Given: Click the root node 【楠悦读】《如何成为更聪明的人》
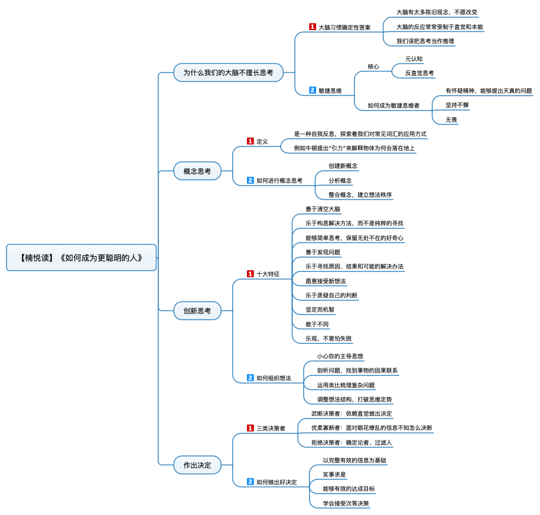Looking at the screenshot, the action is [82, 258].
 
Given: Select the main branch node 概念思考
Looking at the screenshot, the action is [197, 171].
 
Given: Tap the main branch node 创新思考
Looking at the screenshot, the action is [197, 310].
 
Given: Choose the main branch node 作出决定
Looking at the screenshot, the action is [197, 465].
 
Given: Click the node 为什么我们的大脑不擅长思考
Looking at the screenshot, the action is [228, 72].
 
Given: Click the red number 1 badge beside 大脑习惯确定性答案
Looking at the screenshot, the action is [313, 27].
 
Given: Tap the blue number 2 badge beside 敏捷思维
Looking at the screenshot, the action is [313, 90].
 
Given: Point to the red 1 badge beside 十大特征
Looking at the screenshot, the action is [251, 274].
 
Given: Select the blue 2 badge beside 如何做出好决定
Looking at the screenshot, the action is [251, 481].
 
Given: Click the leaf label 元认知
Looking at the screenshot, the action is [414, 59].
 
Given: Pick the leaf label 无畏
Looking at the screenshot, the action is [451, 119].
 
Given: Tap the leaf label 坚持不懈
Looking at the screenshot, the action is [457, 105].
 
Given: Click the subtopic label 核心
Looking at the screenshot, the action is [373, 67].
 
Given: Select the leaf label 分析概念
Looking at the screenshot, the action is [340, 180].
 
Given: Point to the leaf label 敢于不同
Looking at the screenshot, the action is [317, 325].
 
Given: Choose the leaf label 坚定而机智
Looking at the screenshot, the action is [320, 310].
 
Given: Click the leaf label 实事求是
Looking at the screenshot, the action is [334, 475].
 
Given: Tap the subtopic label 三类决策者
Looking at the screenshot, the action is [271, 428].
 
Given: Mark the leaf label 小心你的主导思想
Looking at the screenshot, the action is [340, 356].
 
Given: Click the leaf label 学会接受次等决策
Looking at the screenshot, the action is [346, 503].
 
